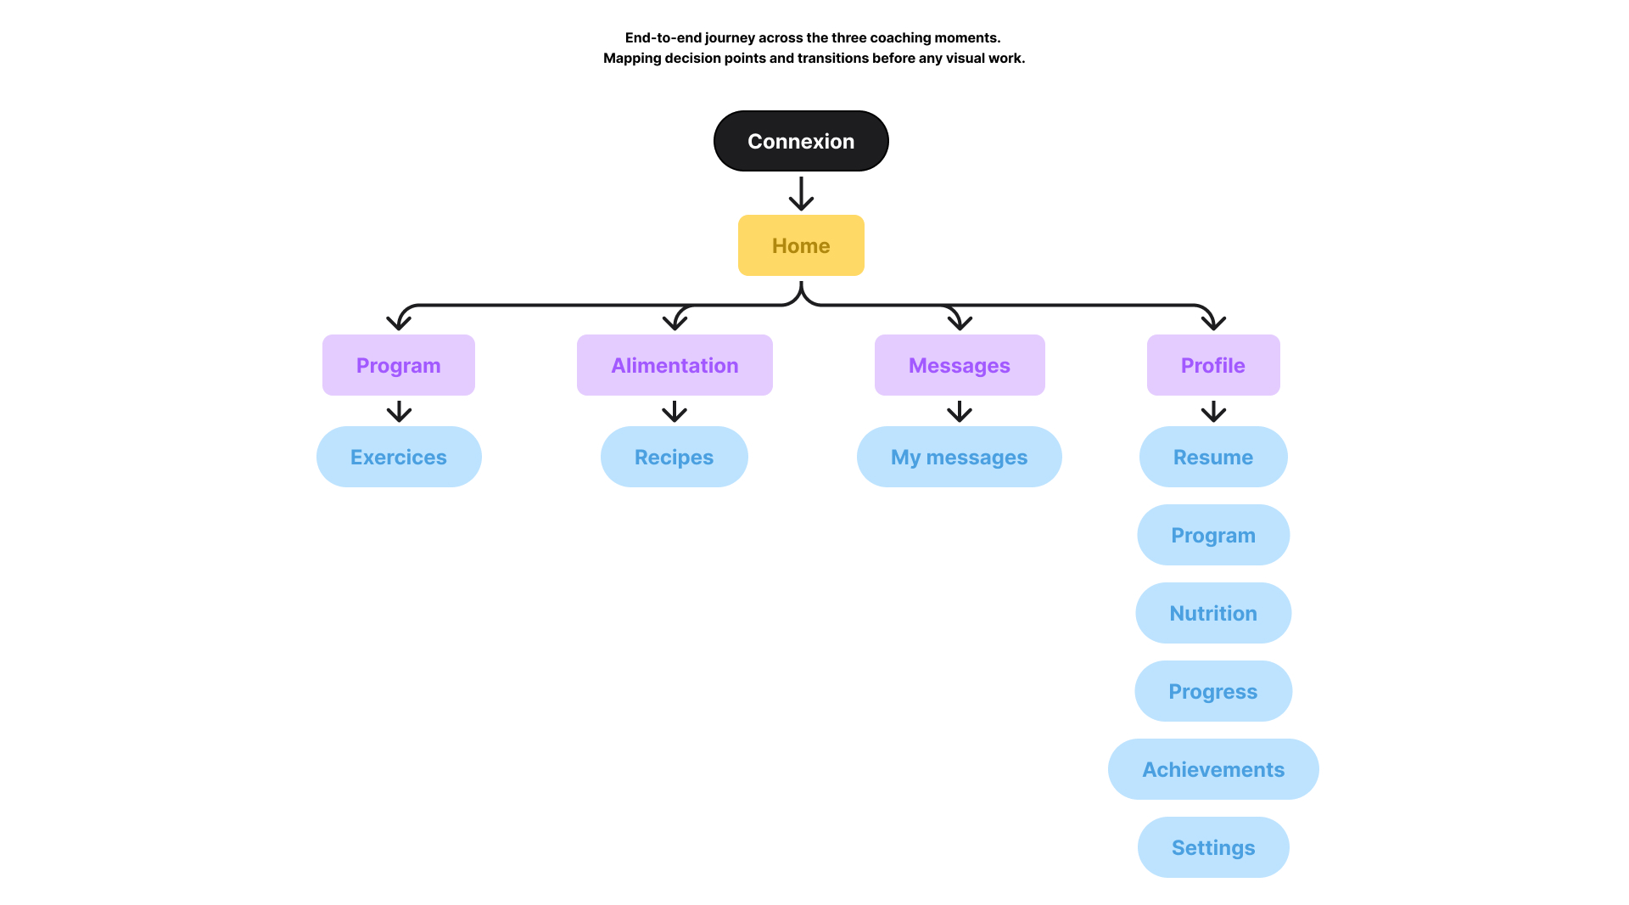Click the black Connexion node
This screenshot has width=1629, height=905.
[x=801, y=141]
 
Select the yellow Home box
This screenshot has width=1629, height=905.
[x=801, y=245]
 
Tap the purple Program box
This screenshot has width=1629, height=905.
[x=398, y=365]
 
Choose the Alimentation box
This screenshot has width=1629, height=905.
[x=675, y=365]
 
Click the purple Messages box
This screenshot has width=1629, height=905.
[x=960, y=365]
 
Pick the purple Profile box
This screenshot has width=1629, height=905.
[x=1213, y=365]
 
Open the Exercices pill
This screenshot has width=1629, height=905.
[x=399, y=457]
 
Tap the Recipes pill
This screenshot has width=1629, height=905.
[x=675, y=457]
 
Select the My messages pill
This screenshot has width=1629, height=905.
[x=959, y=457]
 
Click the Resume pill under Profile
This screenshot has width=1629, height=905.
[x=1213, y=457]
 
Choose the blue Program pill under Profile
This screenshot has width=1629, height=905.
[x=1213, y=535]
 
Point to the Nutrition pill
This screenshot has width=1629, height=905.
[x=1213, y=613]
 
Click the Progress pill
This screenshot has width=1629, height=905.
[x=1213, y=691]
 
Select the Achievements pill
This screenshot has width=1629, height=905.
[x=1213, y=769]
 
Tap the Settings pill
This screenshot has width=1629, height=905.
[x=1213, y=847]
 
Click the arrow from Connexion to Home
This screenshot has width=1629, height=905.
[x=801, y=194]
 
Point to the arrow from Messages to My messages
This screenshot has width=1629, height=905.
[x=960, y=412]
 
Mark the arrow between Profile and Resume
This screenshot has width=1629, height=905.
[x=1213, y=412]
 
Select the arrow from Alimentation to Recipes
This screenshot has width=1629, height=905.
[x=675, y=412]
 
